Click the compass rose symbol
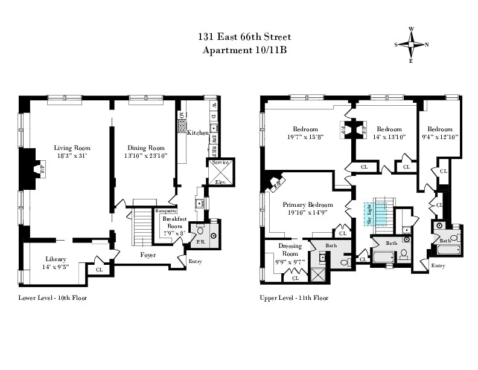(x=412, y=44)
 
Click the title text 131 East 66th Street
(x=238, y=37)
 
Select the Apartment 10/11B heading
(x=238, y=50)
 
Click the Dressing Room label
(x=290, y=250)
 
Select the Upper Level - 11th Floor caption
(x=293, y=298)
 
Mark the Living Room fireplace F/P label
(x=42, y=169)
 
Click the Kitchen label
(x=197, y=132)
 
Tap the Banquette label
(x=165, y=210)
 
